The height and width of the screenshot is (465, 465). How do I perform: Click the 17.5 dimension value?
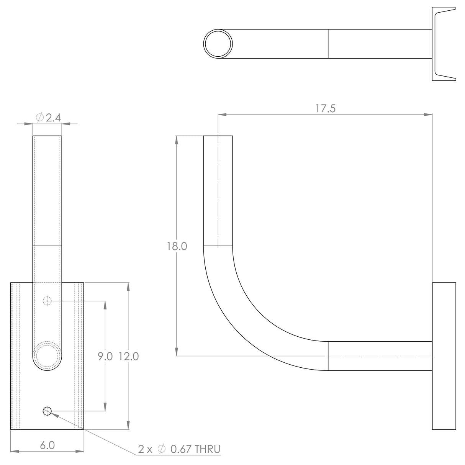point(326,108)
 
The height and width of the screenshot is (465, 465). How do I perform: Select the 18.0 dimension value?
point(177,246)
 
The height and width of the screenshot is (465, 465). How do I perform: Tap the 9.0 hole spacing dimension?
point(105,357)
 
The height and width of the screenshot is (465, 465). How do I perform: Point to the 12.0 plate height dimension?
point(128,357)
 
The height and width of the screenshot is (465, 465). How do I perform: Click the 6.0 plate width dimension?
point(47,445)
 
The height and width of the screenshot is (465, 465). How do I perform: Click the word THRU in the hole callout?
point(207,449)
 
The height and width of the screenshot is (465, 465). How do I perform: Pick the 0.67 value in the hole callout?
point(181,449)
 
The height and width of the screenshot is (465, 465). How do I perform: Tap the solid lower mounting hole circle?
point(47,411)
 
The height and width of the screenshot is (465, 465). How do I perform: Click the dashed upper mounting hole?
point(47,301)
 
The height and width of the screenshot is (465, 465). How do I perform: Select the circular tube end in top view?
point(218,44)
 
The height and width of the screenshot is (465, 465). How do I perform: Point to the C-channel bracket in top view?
point(444,44)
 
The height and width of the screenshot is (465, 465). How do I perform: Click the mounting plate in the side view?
point(444,356)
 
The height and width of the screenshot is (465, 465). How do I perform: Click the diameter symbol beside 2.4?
point(40,118)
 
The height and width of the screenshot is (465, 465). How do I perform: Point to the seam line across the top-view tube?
point(328,44)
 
